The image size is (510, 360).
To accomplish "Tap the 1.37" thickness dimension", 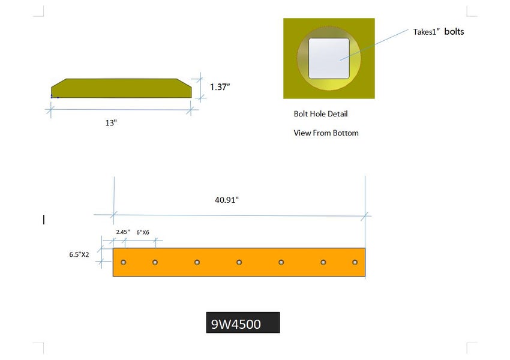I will click(220, 87).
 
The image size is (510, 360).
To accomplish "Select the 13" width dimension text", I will click(111, 122).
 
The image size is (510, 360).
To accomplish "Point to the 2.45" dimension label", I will click(122, 232).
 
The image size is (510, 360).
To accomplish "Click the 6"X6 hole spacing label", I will click(143, 232).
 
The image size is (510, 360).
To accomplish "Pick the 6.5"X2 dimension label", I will click(79, 254).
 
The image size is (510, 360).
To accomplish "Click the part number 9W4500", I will click(236, 325).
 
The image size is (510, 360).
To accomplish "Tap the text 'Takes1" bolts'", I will click(438, 32).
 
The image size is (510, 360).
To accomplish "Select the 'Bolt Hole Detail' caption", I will click(320, 113).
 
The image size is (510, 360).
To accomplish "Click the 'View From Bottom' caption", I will click(326, 133).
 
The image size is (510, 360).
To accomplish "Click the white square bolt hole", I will click(329, 58).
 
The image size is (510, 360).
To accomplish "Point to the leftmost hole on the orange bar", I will click(124, 262).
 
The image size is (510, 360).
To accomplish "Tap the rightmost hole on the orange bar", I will click(355, 262).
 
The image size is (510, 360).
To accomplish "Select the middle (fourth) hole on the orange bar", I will click(239, 262).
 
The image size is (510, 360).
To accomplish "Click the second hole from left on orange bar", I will click(155, 262).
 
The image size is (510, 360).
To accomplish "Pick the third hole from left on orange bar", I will click(197, 262).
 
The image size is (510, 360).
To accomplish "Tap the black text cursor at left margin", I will click(44, 220).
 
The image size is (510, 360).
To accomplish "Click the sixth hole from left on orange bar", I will click(323, 262).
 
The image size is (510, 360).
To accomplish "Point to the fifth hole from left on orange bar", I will click(281, 262).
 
